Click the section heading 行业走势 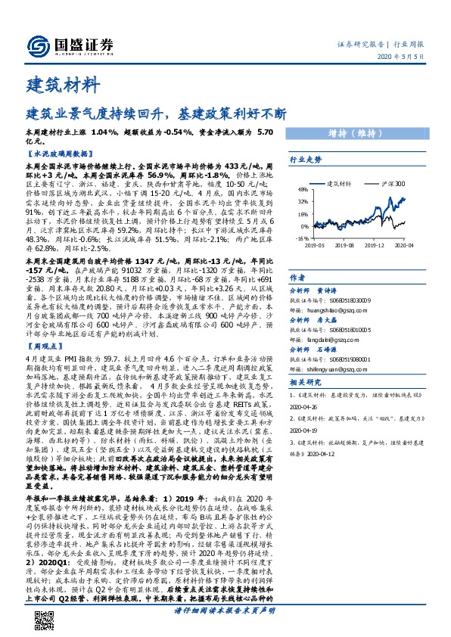pos(306,160)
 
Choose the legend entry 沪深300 pos(387,184)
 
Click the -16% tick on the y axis pos(301,238)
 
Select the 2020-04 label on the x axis pos(403,245)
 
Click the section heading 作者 pos(297,278)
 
